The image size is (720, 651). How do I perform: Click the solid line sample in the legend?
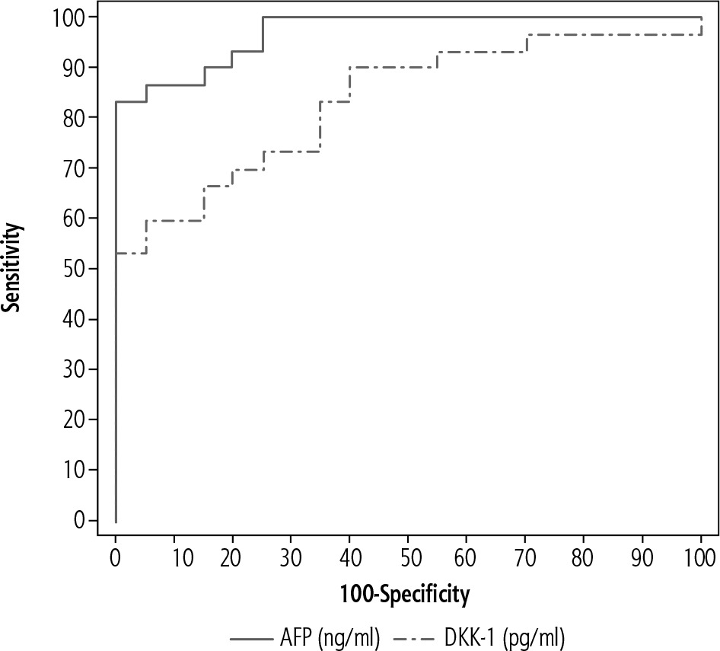[249, 633]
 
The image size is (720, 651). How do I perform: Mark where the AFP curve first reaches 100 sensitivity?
[263, 17]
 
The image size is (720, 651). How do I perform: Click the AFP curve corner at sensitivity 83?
[116, 101]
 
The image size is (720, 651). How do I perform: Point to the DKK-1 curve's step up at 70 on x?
[526, 43]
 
